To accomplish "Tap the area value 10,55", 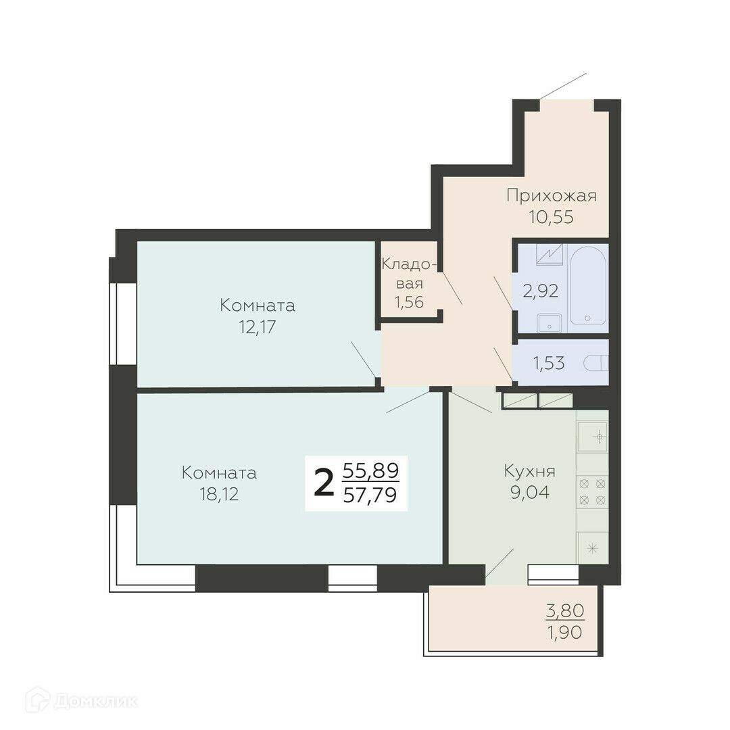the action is click(551, 217).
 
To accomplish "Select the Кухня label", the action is click(530, 472).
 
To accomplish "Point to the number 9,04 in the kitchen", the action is click(530, 492).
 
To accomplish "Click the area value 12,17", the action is click(258, 327).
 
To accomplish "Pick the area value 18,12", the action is click(219, 494).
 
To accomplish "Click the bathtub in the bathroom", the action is click(587, 285).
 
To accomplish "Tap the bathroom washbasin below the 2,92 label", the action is click(550, 323).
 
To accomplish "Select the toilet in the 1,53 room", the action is click(596, 363).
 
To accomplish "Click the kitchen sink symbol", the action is click(593, 437).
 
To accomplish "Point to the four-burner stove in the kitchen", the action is click(593, 492).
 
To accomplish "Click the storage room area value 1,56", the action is click(409, 302).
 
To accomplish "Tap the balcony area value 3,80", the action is click(564, 610).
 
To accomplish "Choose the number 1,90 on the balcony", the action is click(564, 633).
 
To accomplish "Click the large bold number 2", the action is click(324, 483).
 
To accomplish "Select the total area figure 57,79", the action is click(370, 495).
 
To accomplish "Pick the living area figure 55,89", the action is click(370, 471).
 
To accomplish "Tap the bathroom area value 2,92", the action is click(540, 291).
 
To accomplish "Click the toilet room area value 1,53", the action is click(549, 363).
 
